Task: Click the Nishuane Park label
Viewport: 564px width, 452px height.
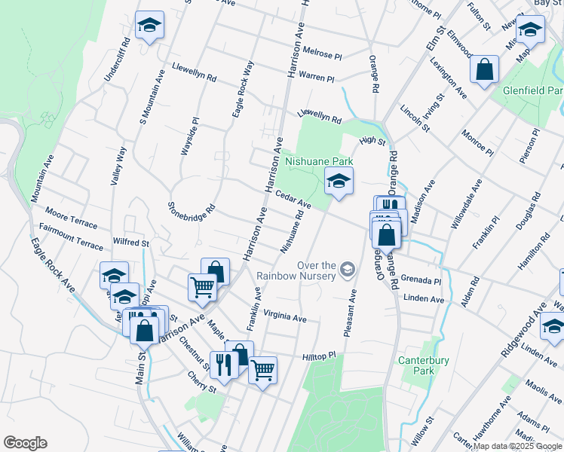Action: [x=318, y=161]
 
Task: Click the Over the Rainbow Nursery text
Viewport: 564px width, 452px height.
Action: [x=296, y=270]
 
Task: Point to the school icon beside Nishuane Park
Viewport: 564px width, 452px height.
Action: [x=339, y=181]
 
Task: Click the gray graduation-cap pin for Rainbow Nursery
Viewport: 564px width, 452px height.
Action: [x=347, y=268]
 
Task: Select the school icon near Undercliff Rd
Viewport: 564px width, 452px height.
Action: [x=149, y=26]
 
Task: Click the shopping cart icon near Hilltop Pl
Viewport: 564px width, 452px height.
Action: [x=262, y=370]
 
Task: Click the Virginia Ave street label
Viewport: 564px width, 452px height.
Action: [x=285, y=317]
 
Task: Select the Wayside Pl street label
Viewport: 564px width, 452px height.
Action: [x=189, y=136]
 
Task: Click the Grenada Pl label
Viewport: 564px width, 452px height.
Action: [x=421, y=279]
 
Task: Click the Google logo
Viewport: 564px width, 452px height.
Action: [x=25, y=443]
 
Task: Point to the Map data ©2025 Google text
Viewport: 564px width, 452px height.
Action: [x=518, y=446]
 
